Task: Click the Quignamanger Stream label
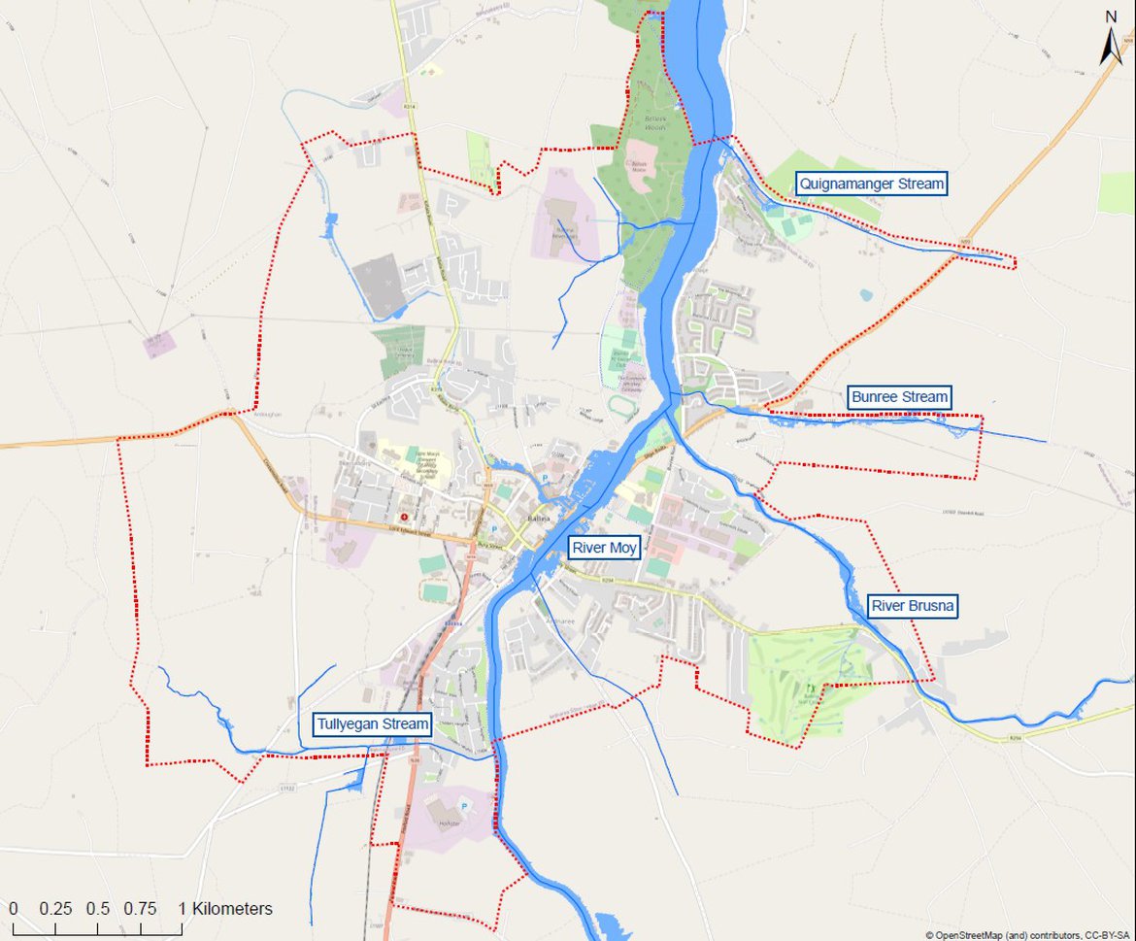pos(871,184)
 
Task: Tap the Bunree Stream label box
pos(898,397)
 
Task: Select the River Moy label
pos(604,549)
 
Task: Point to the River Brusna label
pos(912,607)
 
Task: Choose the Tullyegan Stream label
pos(372,724)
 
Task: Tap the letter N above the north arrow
pos(1112,16)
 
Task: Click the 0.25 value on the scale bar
pos(55,910)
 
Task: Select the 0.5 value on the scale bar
pos(97,910)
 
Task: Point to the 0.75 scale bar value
pos(140,910)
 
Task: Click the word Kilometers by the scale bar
pos(232,910)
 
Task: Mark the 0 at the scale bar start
pos(13,910)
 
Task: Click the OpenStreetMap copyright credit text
pos(1027,934)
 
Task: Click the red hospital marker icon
pos(404,518)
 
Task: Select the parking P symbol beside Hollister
pos(463,807)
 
